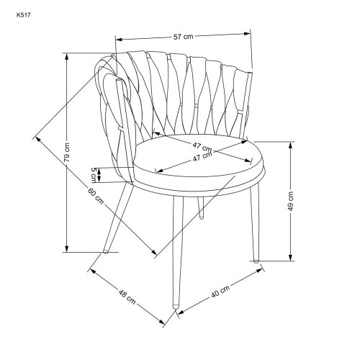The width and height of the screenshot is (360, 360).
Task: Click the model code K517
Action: click(x=24, y=15)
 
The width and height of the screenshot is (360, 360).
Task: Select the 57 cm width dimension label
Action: click(x=183, y=37)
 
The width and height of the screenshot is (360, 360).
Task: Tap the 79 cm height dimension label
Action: click(x=67, y=152)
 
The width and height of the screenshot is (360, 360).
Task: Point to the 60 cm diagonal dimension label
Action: click(x=96, y=196)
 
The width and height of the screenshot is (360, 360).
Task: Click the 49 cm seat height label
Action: click(x=291, y=201)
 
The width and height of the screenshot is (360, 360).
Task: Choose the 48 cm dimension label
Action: click(x=127, y=297)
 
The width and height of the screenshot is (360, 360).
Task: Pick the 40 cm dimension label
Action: click(x=220, y=291)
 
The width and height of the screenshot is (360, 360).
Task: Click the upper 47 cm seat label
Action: click(x=202, y=147)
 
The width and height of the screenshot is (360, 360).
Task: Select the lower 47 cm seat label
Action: click(x=203, y=157)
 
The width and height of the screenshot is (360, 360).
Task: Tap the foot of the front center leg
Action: click(x=176, y=306)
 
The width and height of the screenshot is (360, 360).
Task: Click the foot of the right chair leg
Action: click(x=256, y=261)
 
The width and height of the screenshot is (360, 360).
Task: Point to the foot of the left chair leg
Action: click(x=105, y=251)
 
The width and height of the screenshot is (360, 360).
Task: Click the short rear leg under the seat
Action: click(x=201, y=208)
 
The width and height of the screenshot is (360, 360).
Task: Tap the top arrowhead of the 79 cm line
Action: click(x=67, y=57)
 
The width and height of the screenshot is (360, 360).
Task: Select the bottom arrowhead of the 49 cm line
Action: click(x=291, y=257)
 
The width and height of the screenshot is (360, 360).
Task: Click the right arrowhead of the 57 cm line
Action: click(x=246, y=34)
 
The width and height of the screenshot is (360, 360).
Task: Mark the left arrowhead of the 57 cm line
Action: click(x=120, y=39)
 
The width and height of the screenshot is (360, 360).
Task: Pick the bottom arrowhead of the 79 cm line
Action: click(x=67, y=248)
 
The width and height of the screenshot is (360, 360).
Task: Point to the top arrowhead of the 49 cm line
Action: click(x=291, y=146)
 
